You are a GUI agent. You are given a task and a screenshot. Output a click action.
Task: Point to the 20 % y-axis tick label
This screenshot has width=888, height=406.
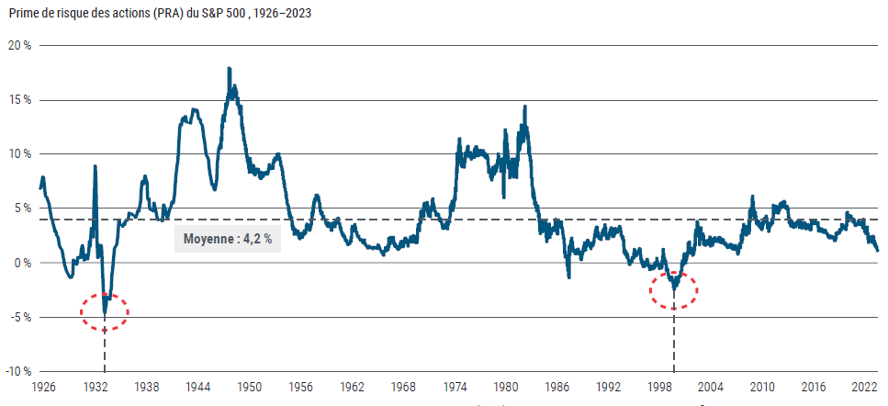click(x=19, y=45)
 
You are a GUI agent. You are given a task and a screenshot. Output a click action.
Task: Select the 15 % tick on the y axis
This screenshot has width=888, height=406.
click(x=19, y=99)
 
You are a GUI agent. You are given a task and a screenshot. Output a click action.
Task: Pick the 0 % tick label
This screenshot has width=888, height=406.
click(x=23, y=263)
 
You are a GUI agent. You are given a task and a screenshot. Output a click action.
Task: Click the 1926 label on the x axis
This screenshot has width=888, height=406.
click(x=43, y=389)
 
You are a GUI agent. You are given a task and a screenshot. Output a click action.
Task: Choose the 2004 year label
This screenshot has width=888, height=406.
click(x=712, y=389)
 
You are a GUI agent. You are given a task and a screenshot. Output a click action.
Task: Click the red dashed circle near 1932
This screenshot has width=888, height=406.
click(x=105, y=311)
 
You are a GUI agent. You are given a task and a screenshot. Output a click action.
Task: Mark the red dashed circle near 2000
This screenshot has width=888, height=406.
click(x=674, y=289)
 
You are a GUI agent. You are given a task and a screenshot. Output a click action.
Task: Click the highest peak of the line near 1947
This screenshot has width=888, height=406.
click(x=229, y=69)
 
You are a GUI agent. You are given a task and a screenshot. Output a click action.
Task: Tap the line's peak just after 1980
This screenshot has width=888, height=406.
click(x=524, y=107)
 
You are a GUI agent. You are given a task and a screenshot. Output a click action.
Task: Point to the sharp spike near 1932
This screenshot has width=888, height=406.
click(x=95, y=166)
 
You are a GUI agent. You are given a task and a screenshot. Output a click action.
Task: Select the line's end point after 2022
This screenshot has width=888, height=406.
click(x=877, y=250)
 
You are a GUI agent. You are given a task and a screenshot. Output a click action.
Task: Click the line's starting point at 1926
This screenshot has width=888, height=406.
click(x=40, y=188)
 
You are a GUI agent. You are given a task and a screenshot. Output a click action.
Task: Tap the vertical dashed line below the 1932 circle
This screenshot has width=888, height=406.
click(x=105, y=354)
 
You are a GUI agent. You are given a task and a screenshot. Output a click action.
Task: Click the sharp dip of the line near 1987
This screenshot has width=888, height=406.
click(x=568, y=276)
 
